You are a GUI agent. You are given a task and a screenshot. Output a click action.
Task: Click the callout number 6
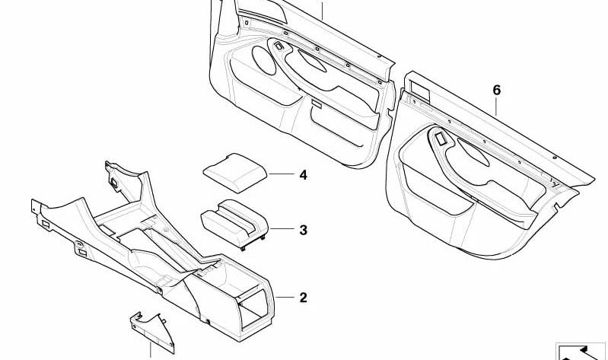point(497,91)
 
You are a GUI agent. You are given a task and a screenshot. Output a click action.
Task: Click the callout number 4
point(303,175)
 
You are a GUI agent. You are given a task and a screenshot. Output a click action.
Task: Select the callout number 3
point(303,230)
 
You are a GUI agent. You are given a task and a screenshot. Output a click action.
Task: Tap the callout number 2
point(303,298)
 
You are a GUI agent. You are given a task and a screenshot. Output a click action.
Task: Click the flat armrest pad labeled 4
point(235,173)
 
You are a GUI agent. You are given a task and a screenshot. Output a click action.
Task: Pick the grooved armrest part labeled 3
point(234,223)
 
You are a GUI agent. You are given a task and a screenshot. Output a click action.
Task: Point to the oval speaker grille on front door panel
point(264,60)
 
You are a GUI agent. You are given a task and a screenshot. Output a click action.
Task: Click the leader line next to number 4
point(282,174)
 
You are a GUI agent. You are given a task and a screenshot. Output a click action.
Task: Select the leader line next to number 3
point(282,229)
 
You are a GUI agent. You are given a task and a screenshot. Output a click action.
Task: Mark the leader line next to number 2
point(285,298)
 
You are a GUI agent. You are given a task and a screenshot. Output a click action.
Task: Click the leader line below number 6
point(496,107)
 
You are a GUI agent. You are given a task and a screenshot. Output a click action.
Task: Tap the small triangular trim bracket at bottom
point(152,332)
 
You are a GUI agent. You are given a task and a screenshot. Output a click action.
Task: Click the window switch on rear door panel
point(441,139)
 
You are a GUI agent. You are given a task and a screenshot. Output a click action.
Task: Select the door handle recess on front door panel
point(312,61)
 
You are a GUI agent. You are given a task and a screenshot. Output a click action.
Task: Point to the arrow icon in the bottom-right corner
point(581,352)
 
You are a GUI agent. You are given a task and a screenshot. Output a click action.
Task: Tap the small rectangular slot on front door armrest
point(317,104)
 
